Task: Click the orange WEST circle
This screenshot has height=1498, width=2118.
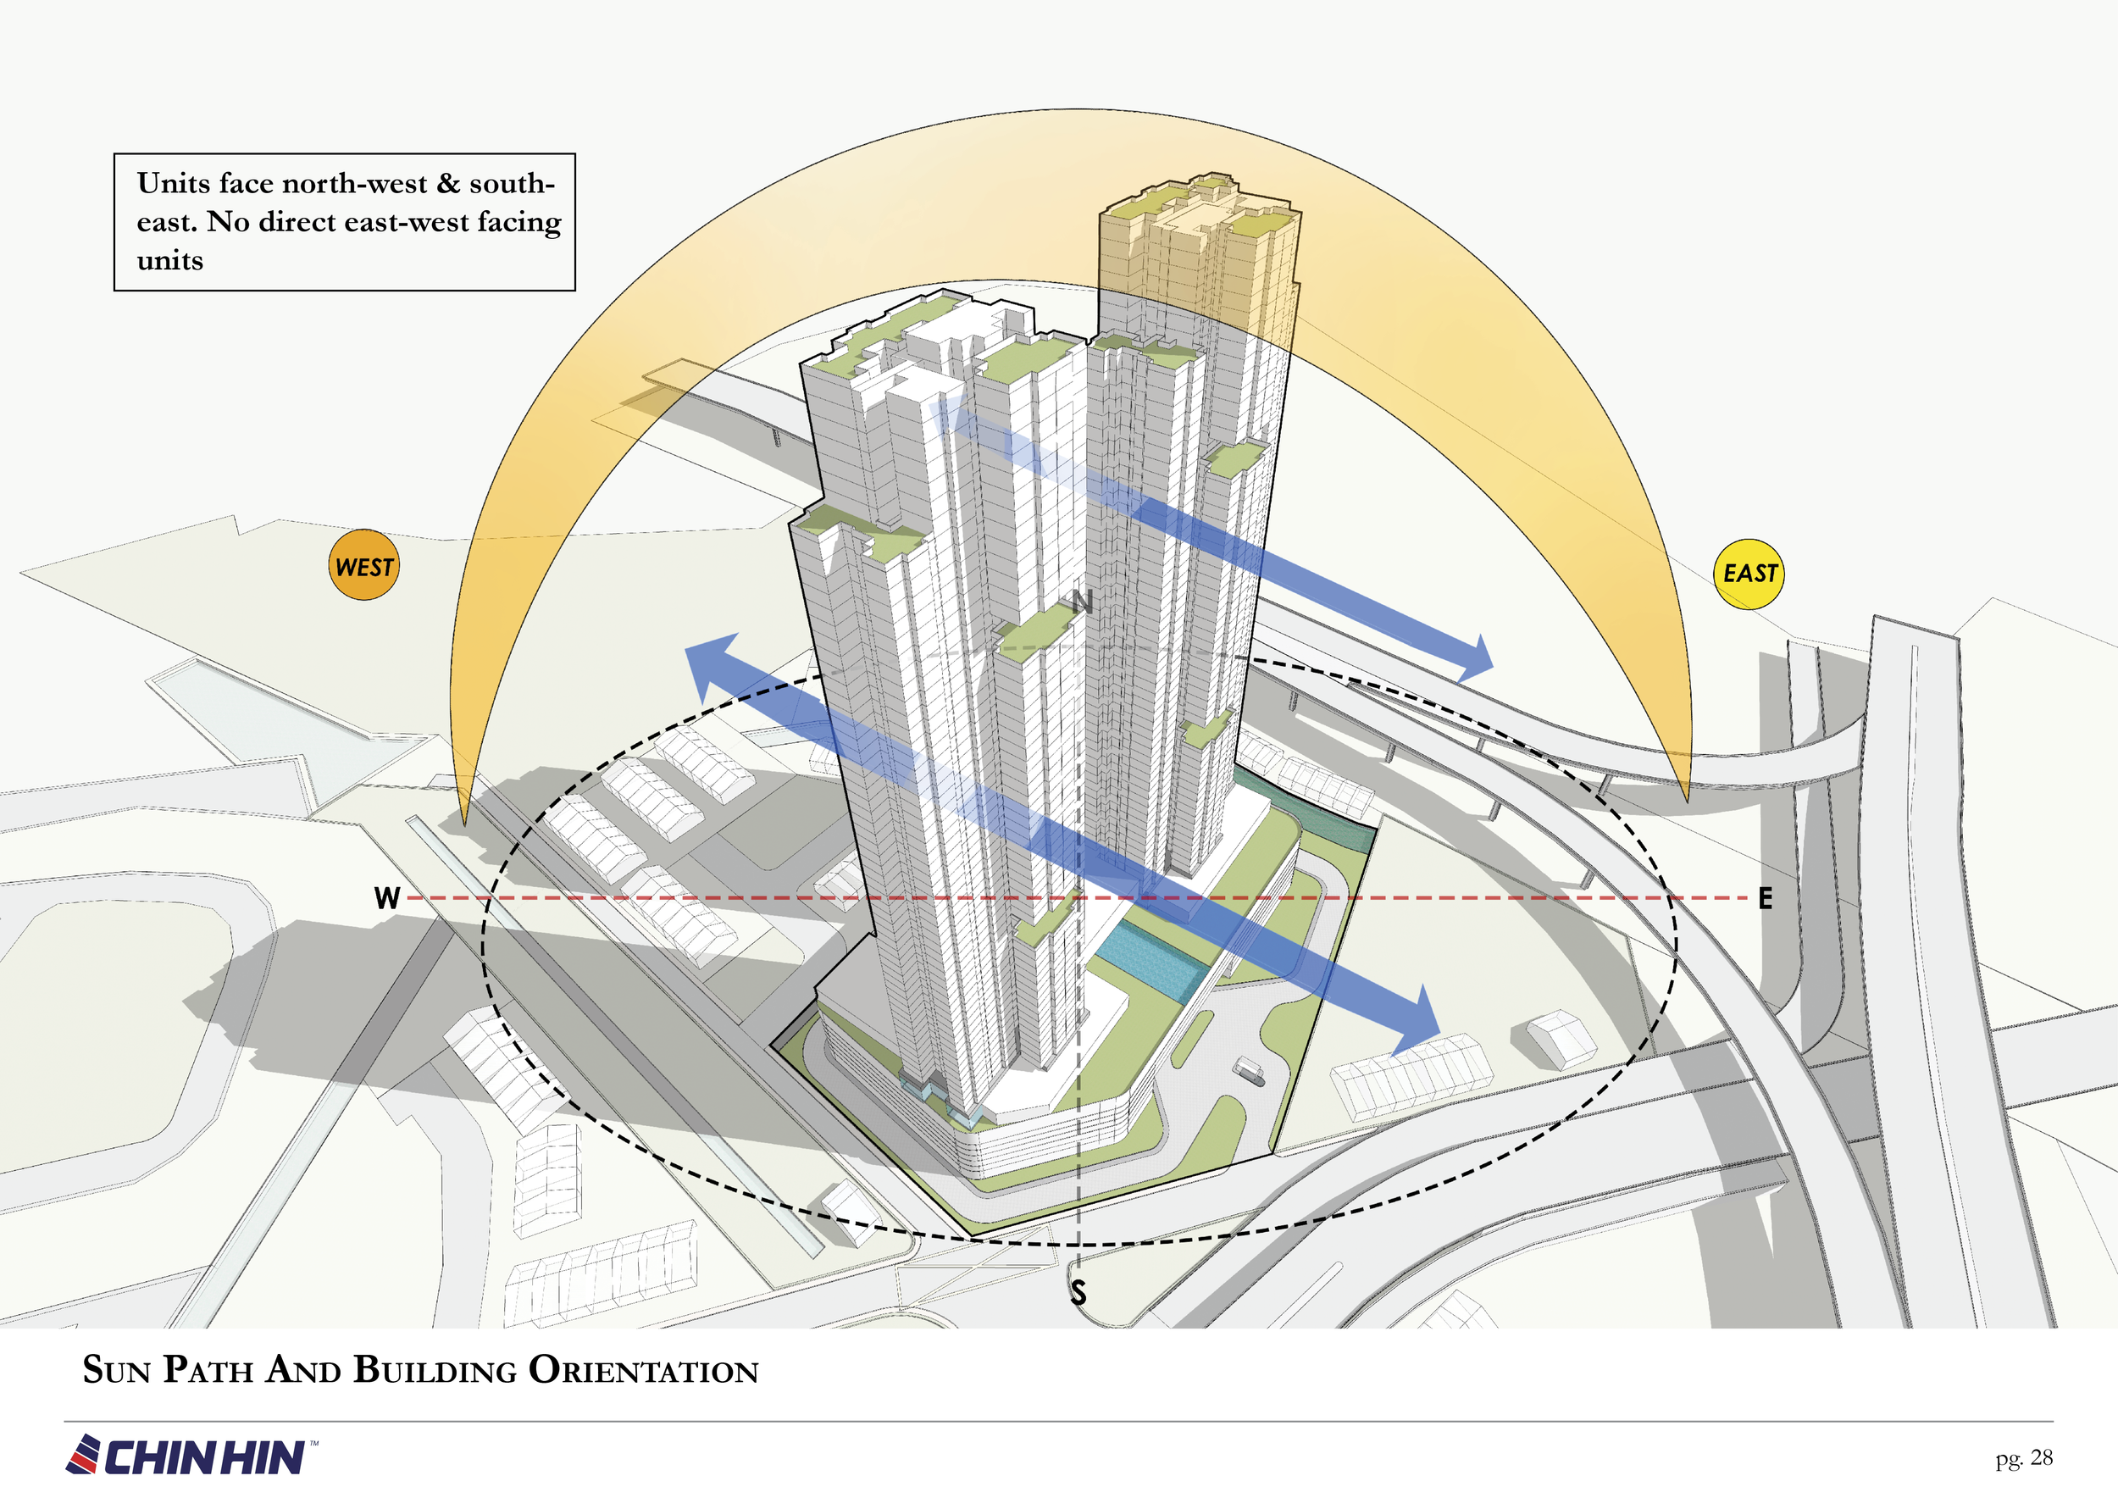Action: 364,564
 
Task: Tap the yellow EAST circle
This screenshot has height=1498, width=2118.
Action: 1748,574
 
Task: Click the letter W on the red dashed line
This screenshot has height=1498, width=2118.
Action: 387,897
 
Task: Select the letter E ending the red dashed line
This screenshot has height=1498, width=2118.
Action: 1766,897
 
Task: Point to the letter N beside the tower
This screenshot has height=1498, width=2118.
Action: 1083,602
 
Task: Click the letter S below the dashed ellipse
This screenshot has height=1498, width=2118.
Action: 1078,1292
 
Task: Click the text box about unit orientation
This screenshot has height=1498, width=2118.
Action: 344,222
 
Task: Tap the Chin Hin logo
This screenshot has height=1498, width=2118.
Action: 191,1455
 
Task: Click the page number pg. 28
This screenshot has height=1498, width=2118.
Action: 2025,1458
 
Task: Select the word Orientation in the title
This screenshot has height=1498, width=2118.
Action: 643,1370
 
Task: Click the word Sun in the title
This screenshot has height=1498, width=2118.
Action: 116,1370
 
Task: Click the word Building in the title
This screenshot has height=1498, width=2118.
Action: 435,1370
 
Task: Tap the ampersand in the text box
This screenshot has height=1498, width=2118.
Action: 448,184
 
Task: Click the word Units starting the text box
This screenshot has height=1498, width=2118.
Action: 175,184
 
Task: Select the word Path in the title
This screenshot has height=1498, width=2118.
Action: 208,1370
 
